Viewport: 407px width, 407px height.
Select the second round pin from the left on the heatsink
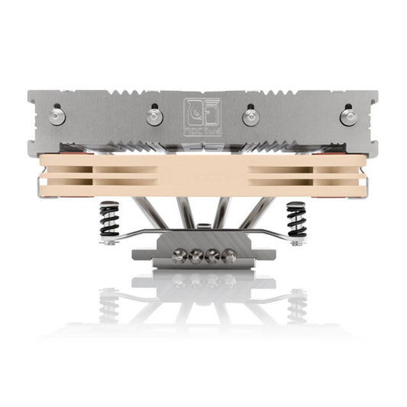[x=155, y=115]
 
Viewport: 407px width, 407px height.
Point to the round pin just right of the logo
[x=249, y=116]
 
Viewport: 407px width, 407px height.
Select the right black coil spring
[x=296, y=221]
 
